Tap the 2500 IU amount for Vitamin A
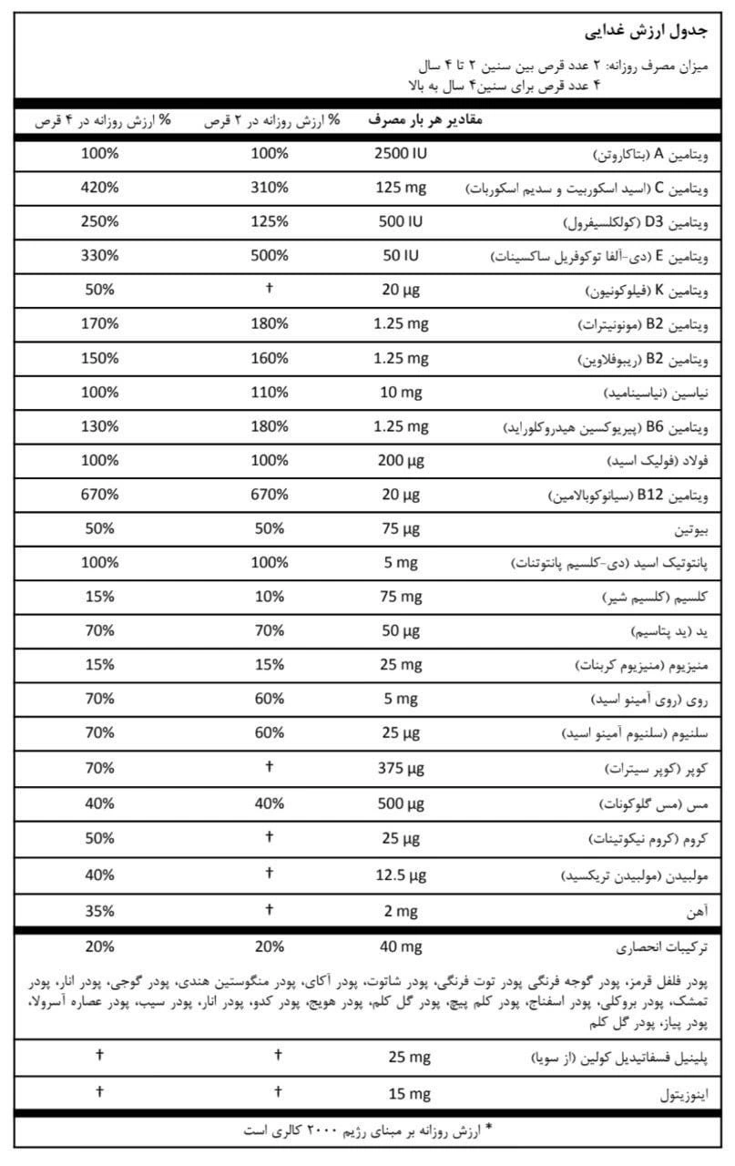[x=400, y=153]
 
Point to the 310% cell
[x=270, y=188]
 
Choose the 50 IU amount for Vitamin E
[x=400, y=256]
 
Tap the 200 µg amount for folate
[x=400, y=461]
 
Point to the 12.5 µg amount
[x=400, y=874]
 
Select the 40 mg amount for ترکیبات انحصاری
[x=400, y=946]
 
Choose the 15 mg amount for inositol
[x=400, y=1091]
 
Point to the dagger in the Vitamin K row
[x=270, y=290]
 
